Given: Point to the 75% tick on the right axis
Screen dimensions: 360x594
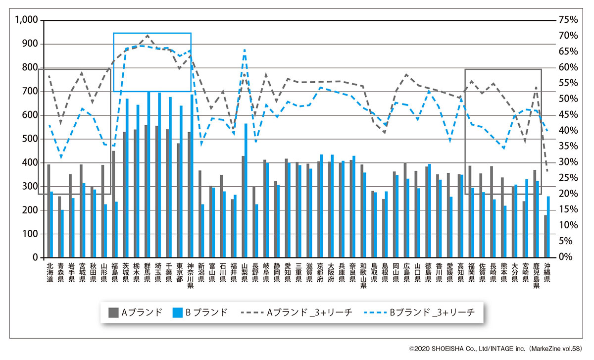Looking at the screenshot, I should click(567, 20).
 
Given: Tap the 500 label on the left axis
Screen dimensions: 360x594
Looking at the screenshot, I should click(31, 139).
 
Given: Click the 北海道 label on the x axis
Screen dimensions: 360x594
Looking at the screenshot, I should click(49, 275).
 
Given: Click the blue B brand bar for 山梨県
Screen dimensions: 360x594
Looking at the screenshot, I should click(246, 191).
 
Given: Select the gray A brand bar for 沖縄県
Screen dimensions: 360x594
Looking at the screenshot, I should click(546, 236).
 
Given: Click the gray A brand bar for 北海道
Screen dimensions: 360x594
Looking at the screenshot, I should click(49, 211).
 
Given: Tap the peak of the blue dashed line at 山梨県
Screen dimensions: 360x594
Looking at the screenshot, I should click(245, 50).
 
